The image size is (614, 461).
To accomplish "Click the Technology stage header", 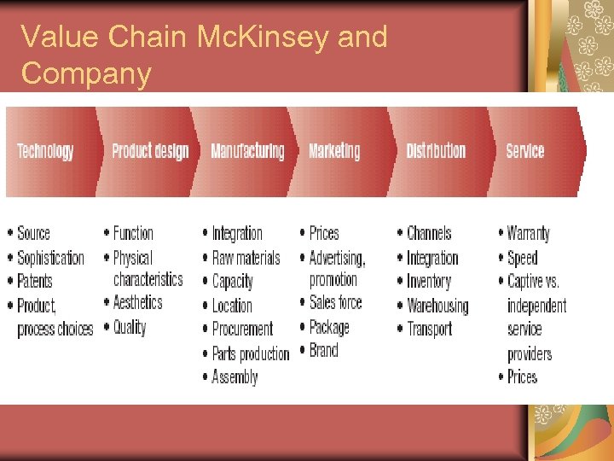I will coord(46,151).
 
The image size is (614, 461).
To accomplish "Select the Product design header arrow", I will coord(150,151).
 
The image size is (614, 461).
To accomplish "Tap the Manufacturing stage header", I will coord(247,151).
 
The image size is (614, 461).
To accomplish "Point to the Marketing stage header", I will coord(334,151).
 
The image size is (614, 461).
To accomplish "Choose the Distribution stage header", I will coord(436,151).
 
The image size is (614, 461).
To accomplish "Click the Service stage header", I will coord(524,151).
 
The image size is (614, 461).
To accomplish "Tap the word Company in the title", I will coord(85,73).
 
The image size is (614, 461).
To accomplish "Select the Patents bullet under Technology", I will coord(35,281).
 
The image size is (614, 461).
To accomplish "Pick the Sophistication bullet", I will coord(50,258).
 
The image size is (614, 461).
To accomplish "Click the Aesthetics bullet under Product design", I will coord(137,302).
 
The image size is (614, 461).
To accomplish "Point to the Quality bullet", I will coord(130,327).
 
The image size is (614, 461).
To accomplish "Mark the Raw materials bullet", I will coord(246,258).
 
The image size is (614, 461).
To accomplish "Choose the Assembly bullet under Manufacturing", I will coord(235,376).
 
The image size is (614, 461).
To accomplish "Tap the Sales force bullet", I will coord(335,302).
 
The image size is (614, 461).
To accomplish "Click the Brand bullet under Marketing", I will coord(324,350).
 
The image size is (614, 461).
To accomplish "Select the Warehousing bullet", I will coord(437,306).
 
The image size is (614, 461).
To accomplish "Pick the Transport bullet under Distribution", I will coord(429,329).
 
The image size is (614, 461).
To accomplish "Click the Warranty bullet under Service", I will coord(528,233).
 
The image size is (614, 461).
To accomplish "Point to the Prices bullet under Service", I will coord(522,376).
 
